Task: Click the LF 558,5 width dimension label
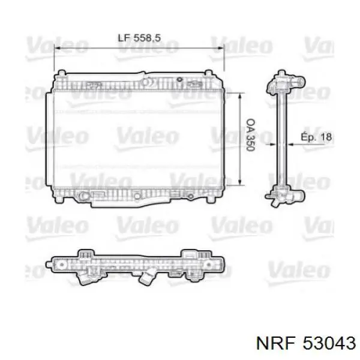pos(139,38)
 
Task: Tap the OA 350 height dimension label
pos(250,135)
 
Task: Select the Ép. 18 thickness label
pos(316,137)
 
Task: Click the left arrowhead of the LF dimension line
pos(57,48)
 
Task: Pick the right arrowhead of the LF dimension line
pos(221,48)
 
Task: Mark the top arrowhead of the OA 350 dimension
pos(240,96)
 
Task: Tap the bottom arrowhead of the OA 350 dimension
pos(240,182)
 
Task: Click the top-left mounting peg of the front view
pos(62,73)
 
